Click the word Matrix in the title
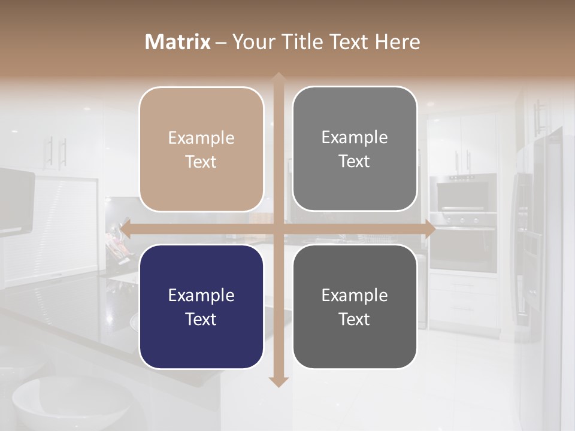[x=178, y=42]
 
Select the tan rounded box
[x=201, y=150]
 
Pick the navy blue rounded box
[x=201, y=306]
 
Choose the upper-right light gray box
[x=355, y=149]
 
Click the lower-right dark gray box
[x=355, y=306]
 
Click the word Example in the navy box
[x=201, y=295]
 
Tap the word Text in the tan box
[x=201, y=162]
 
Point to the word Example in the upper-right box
[x=355, y=137]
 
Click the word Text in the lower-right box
[x=355, y=319]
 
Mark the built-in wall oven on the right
[x=463, y=239]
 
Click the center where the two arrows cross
[x=278, y=228]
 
